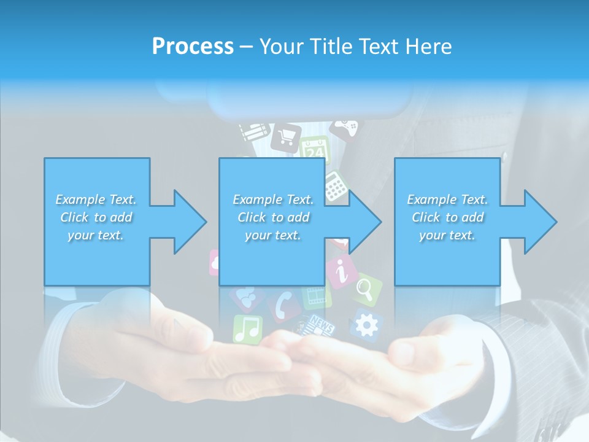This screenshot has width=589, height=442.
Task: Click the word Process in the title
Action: click(193, 47)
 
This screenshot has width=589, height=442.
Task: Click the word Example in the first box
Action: click(80, 200)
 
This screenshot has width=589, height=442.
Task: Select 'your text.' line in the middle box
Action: click(272, 235)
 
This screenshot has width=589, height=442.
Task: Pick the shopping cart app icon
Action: click(286, 136)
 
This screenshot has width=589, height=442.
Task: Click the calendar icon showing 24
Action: click(315, 149)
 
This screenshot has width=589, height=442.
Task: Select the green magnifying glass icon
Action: click(366, 289)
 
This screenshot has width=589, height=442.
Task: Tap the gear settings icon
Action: click(366, 325)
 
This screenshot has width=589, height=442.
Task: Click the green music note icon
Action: click(247, 329)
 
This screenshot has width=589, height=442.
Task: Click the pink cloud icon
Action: click(214, 262)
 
